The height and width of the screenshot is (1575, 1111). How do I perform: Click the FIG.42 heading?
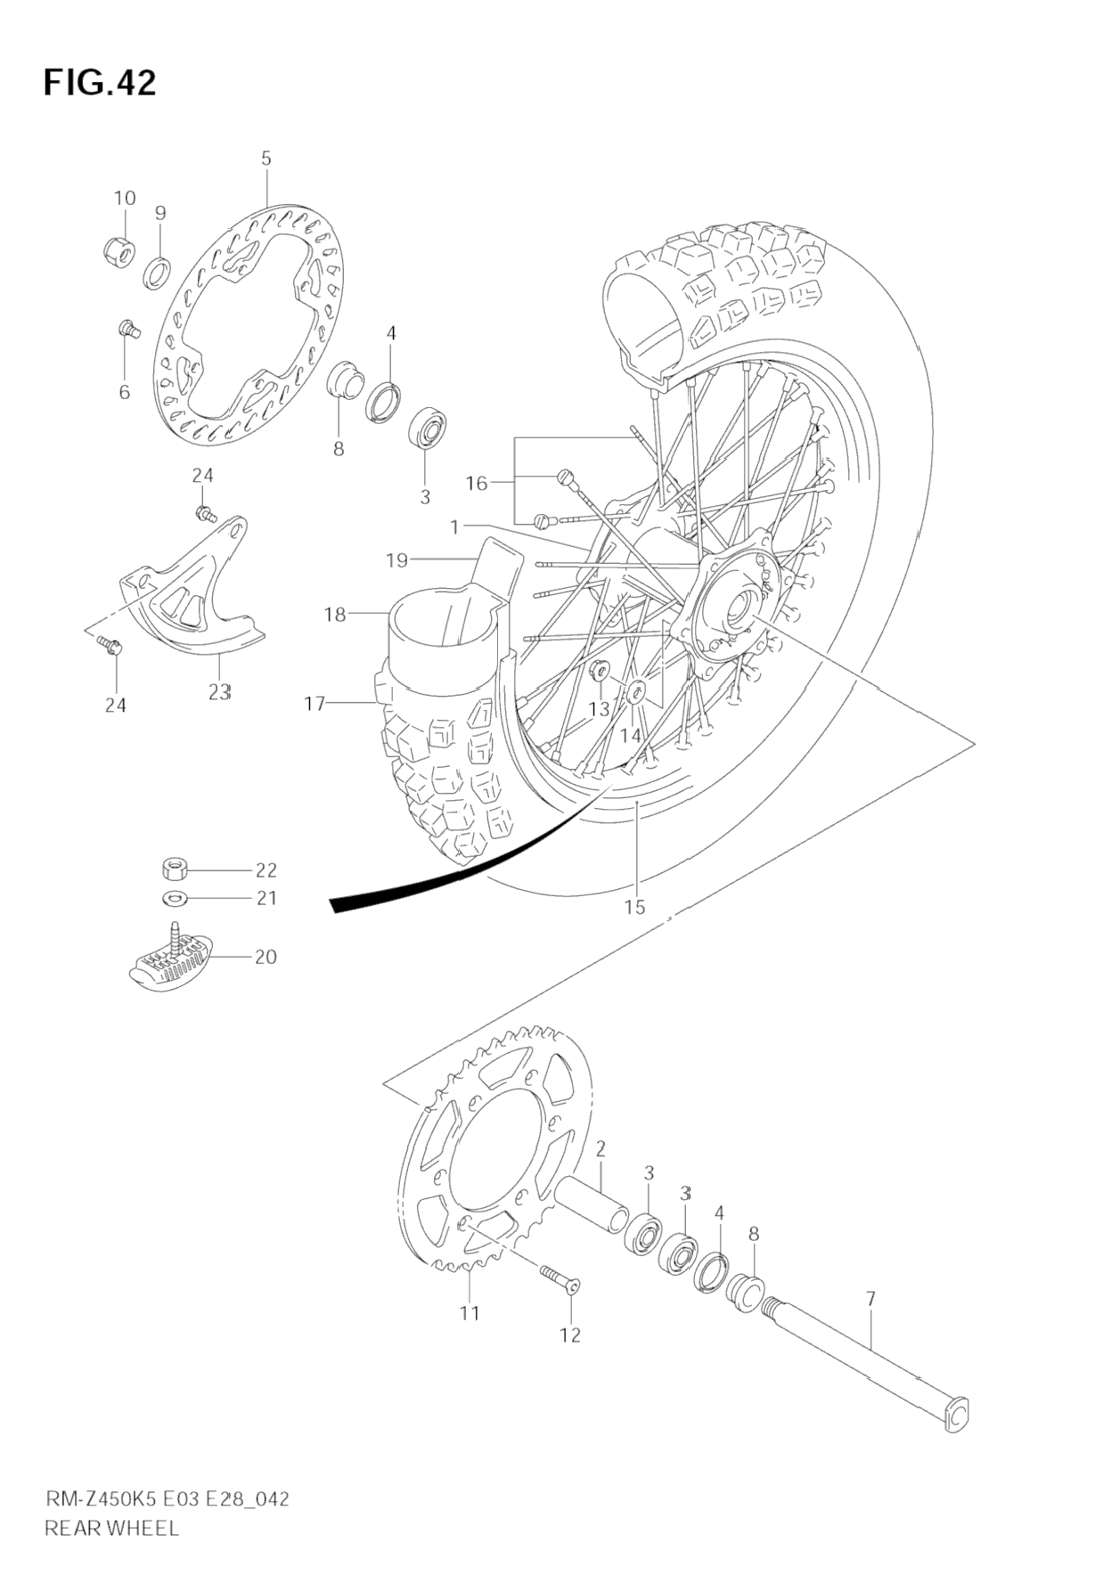(x=100, y=83)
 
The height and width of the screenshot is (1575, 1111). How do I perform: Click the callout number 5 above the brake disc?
(x=266, y=159)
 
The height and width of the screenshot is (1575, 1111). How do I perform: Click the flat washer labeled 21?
(x=175, y=896)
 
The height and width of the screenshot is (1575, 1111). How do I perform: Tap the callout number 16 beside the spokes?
(x=477, y=483)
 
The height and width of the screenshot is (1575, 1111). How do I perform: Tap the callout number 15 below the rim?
(x=633, y=907)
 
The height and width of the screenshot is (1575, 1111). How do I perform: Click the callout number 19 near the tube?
(x=396, y=560)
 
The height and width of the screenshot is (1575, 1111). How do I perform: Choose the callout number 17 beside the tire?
(x=315, y=704)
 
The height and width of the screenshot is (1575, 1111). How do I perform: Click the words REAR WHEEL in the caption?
(x=111, y=1528)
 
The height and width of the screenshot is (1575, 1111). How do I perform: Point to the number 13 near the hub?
(x=600, y=709)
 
